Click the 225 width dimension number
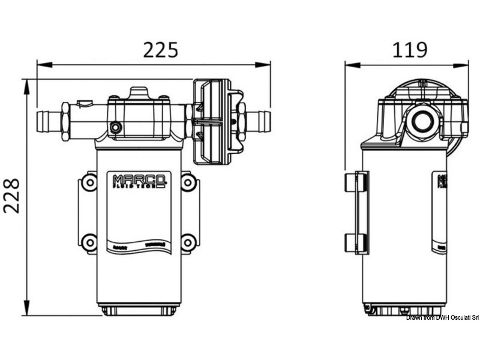[x=160, y=49]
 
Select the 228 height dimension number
[x=12, y=196]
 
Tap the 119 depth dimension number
[x=410, y=49]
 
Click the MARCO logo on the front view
[x=139, y=181]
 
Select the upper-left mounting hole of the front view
[x=89, y=182]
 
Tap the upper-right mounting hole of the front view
[x=188, y=182]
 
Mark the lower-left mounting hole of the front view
[x=89, y=242]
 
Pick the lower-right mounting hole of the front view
[x=188, y=242]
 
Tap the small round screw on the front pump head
[x=116, y=127]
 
